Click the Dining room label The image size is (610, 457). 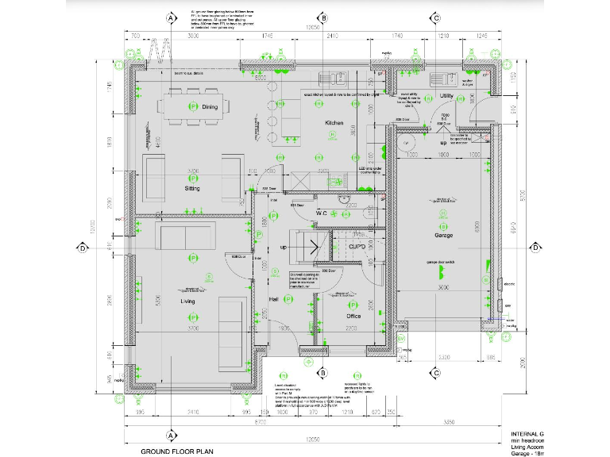click(x=210, y=107)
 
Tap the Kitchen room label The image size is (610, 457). click(x=333, y=124)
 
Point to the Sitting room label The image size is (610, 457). click(x=192, y=189)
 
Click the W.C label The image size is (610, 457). click(x=322, y=213)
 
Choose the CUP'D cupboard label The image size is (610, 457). click(x=357, y=248)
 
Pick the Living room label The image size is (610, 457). click(x=187, y=301)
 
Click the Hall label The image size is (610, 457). click(x=273, y=298)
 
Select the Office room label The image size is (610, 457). click(x=353, y=316)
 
